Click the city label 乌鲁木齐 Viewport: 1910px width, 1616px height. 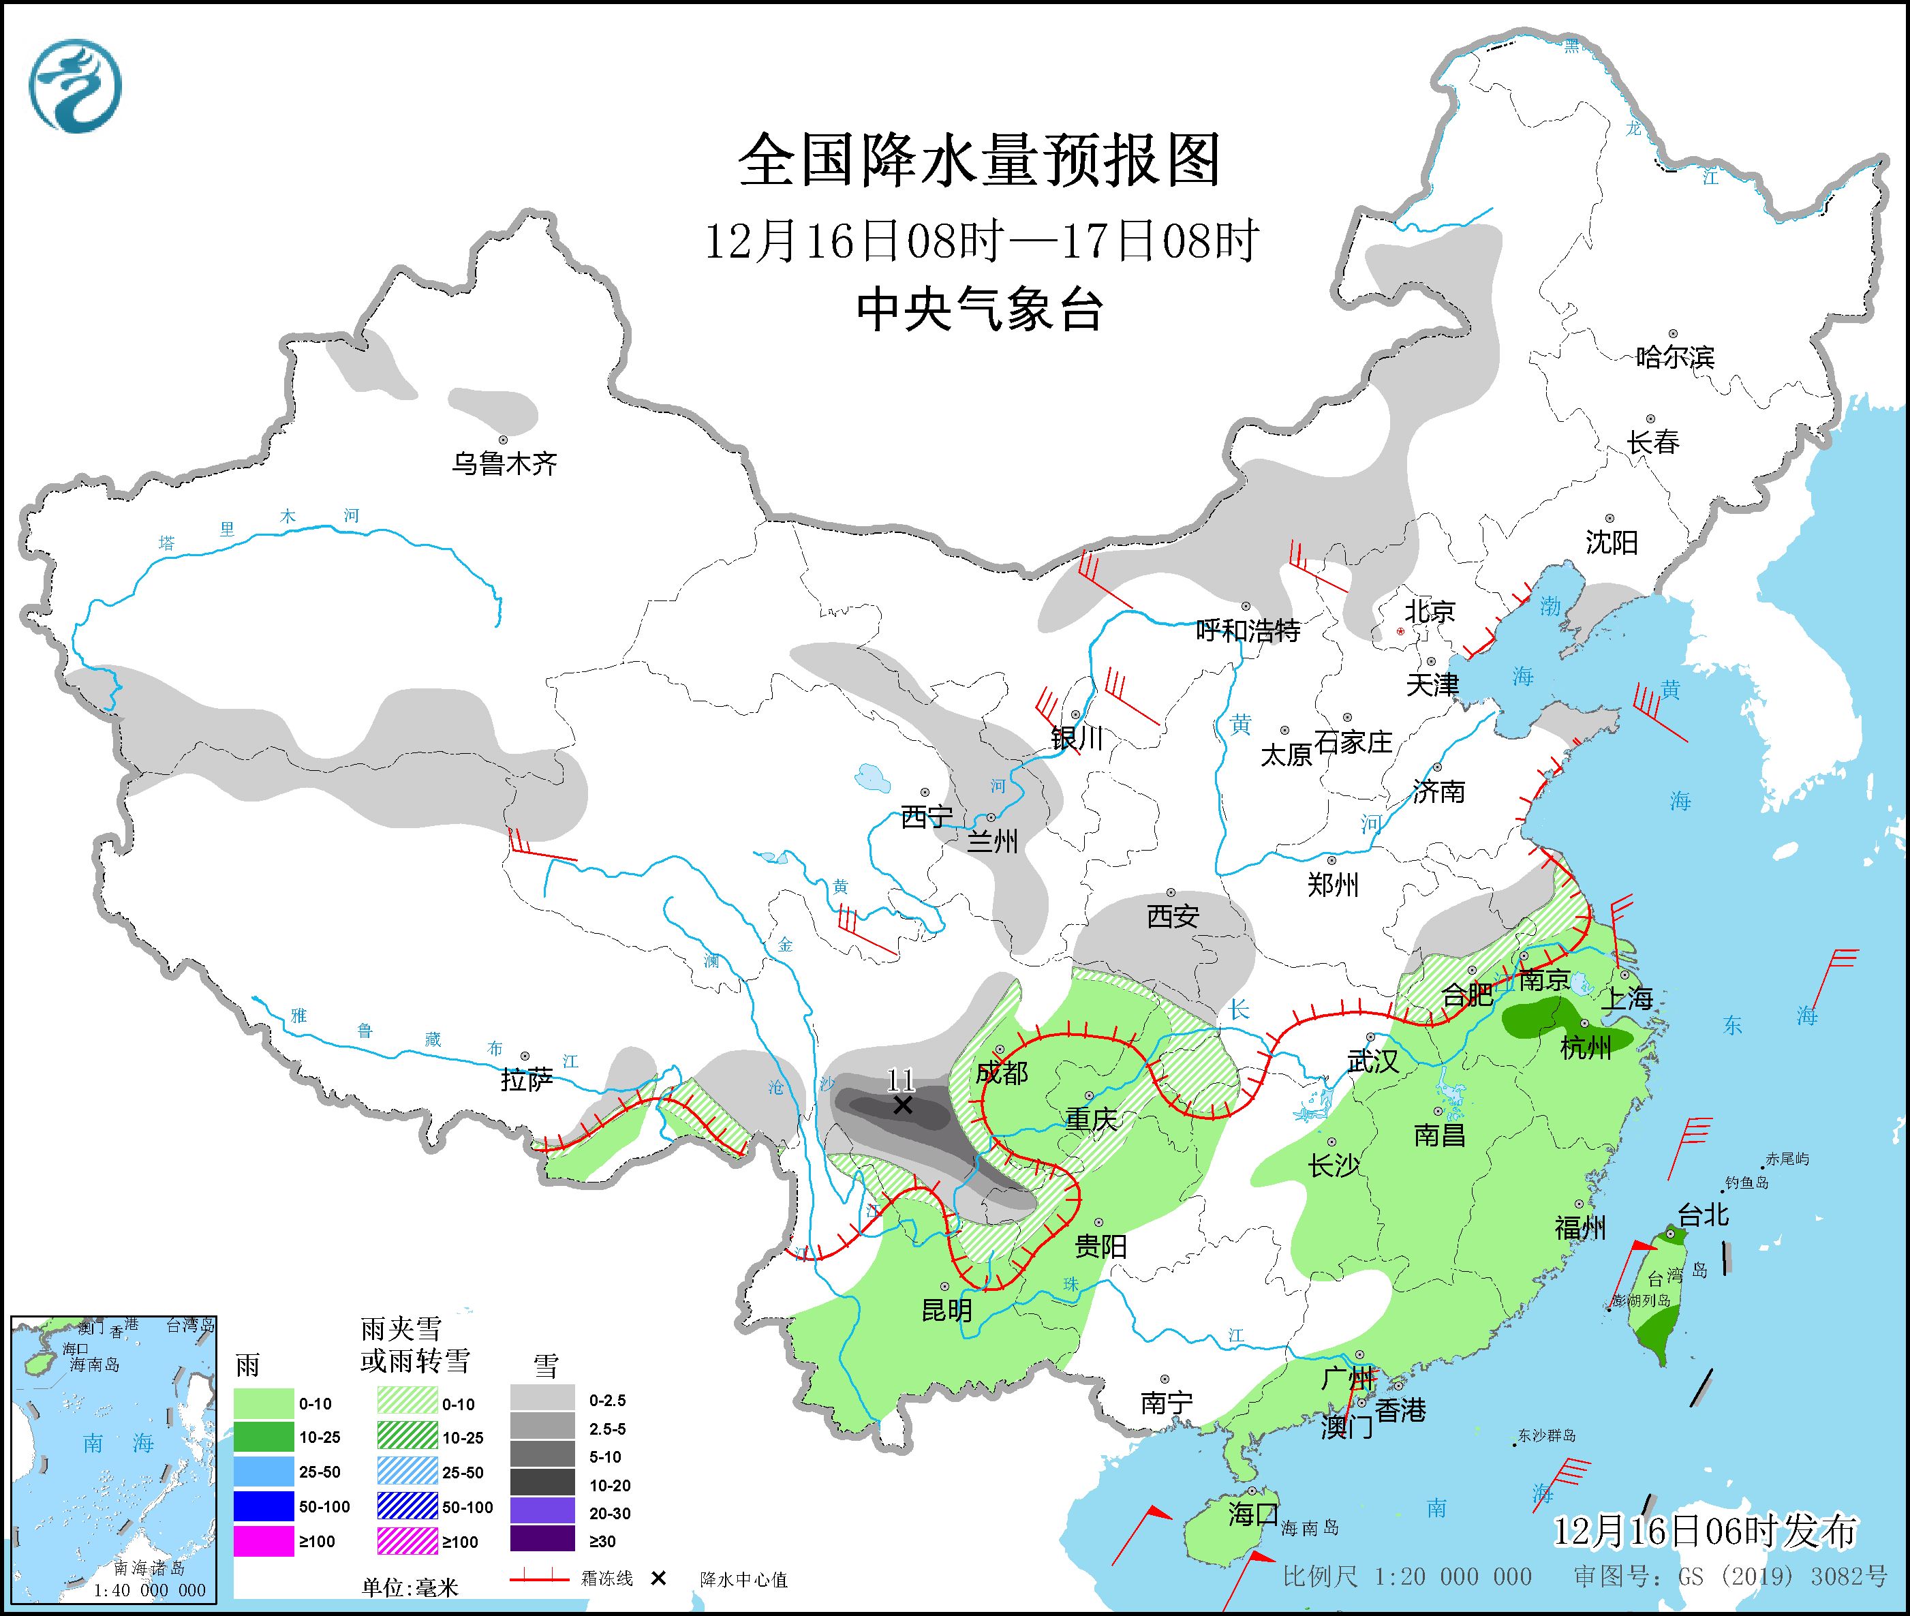click(504, 463)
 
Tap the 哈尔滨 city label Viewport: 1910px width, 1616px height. click(1674, 356)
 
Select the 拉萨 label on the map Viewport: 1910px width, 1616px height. click(527, 1080)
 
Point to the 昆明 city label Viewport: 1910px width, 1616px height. click(946, 1311)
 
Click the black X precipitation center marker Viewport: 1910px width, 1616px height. click(902, 1105)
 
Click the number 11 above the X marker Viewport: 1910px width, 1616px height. click(901, 1079)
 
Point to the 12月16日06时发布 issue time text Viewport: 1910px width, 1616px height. click(1705, 1531)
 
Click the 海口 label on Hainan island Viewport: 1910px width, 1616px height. click(1252, 1513)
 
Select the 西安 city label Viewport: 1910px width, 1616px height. click(1173, 916)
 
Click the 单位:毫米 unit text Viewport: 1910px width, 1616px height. click(410, 1587)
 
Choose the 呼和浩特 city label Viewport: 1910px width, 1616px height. click(1248, 630)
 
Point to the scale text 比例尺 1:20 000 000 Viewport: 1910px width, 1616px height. click(1406, 1576)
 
